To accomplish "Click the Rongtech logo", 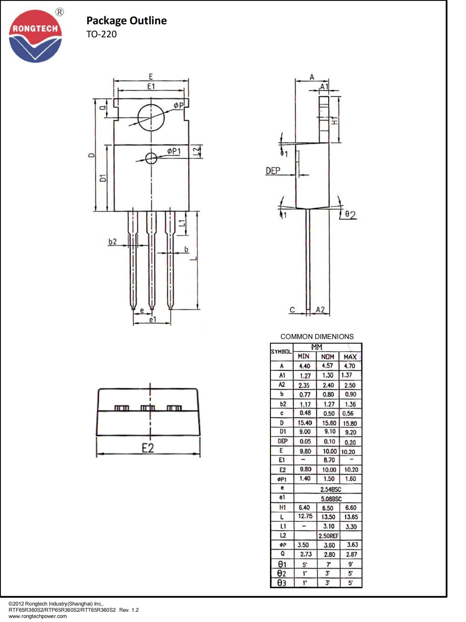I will click(x=35, y=36).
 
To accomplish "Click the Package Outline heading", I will click(x=126, y=21).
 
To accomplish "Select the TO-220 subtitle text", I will click(x=101, y=34).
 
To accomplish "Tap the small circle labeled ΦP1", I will click(x=151, y=158).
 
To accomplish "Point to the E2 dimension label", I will click(x=148, y=448).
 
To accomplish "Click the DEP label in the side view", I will click(x=273, y=170).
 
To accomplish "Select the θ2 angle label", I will click(x=350, y=215).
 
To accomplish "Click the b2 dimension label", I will click(x=112, y=241).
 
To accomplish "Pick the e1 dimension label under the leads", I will click(x=152, y=319).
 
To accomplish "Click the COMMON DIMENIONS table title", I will click(x=317, y=337).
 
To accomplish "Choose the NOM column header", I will click(x=327, y=357).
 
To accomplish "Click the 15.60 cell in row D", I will click(x=329, y=423).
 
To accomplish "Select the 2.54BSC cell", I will click(x=331, y=489).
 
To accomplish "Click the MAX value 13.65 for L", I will click(x=351, y=517).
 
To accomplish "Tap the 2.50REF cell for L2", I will click(x=328, y=536).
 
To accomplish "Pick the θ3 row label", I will click(x=281, y=583).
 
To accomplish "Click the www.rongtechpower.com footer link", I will click(x=38, y=616).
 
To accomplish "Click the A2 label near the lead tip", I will click(x=320, y=309).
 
